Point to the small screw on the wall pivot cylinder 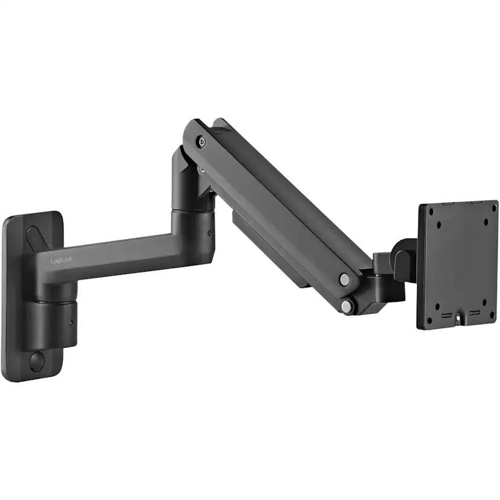tap(72, 322)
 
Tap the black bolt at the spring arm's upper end tap(201, 142)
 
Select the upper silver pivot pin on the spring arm tap(344, 279)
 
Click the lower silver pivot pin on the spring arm tap(346, 307)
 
